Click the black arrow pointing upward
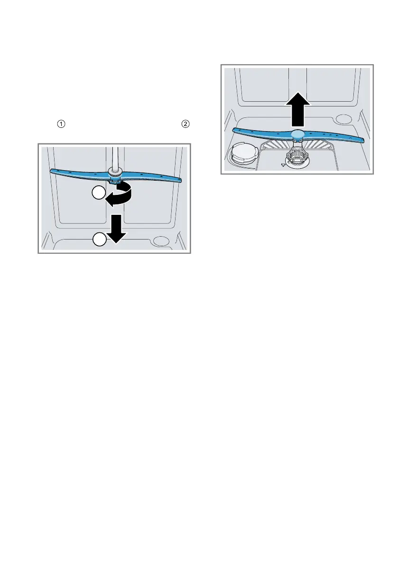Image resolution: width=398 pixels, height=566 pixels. point(298,110)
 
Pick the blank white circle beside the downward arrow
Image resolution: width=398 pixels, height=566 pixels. point(99,240)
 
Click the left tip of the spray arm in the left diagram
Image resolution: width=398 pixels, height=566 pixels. point(51,171)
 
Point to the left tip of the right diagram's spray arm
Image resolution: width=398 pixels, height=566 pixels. point(234,130)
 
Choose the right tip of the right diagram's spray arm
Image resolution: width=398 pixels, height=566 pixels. point(362,140)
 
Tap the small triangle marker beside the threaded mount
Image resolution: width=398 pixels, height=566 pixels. point(283,164)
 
